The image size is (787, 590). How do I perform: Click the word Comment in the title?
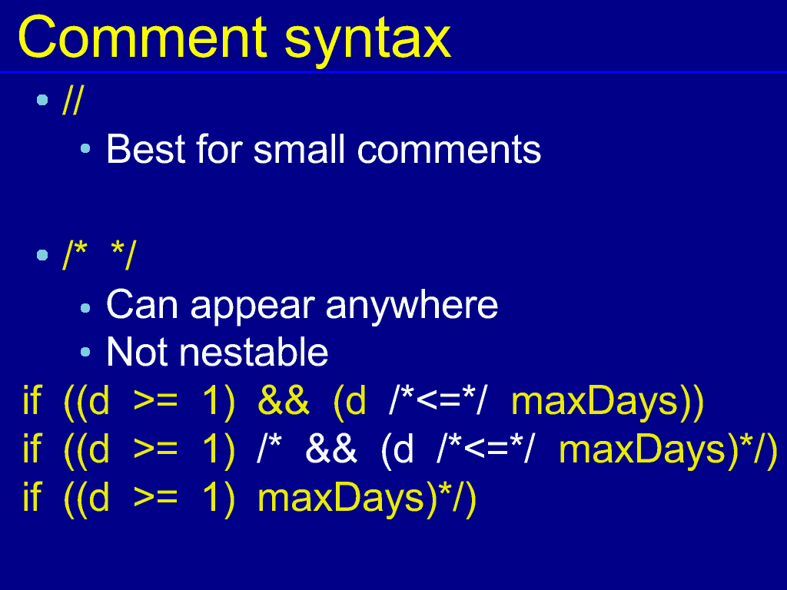tap(142, 37)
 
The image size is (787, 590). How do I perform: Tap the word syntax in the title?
tap(368, 41)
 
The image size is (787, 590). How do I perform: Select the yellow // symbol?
tap(72, 101)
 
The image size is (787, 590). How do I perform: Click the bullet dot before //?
tap(42, 101)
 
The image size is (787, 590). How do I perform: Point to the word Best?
tap(146, 149)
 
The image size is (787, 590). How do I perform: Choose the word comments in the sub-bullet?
tap(449, 150)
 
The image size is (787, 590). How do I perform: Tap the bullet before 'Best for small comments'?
tap(85, 148)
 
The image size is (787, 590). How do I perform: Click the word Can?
tap(142, 304)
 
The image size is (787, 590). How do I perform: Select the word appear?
tap(252, 307)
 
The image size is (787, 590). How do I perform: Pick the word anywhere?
tap(412, 306)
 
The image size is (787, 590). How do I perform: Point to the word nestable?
tap(254, 352)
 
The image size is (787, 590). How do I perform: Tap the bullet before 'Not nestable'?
tap(85, 352)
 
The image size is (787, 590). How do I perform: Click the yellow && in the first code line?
tap(283, 401)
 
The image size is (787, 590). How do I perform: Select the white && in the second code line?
tap(330, 449)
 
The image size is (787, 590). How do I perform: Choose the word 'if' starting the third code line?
tap(32, 497)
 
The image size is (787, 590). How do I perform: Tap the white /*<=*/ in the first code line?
tap(437, 400)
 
